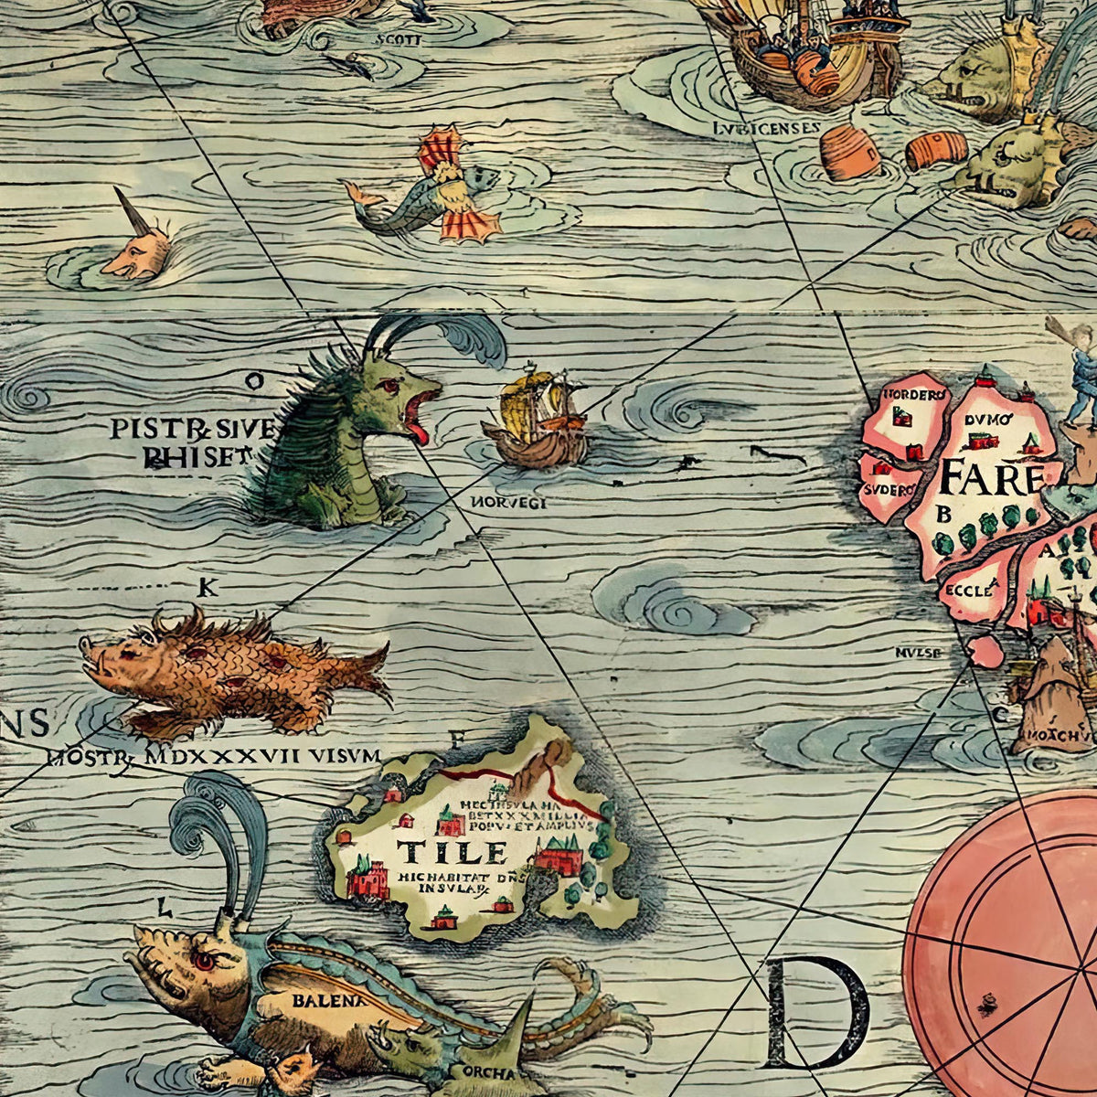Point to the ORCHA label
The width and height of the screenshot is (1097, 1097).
[489, 1072]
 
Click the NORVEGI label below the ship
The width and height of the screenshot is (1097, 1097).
[508, 503]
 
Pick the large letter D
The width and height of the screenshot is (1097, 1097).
[816, 1012]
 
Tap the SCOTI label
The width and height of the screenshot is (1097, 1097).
[398, 39]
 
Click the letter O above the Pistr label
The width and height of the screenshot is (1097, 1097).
[254, 381]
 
